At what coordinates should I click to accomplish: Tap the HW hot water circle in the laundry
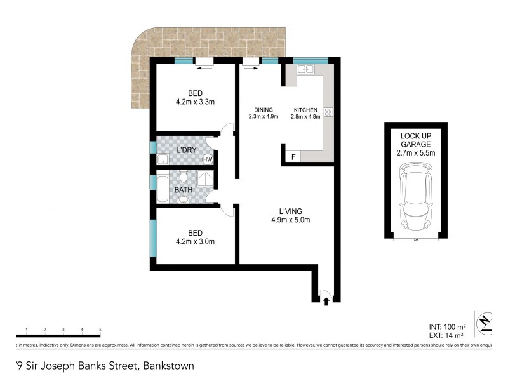207,159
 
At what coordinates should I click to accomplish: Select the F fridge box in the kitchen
293,157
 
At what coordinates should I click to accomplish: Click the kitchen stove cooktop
329,112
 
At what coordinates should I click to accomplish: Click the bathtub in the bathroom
162,189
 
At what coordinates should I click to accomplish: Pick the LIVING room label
290,211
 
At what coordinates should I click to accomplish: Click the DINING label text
260,109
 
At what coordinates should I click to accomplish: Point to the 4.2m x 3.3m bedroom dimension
195,104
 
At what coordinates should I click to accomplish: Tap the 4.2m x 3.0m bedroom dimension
195,241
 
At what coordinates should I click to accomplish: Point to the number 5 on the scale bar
100,330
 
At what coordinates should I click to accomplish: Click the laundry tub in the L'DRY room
163,159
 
